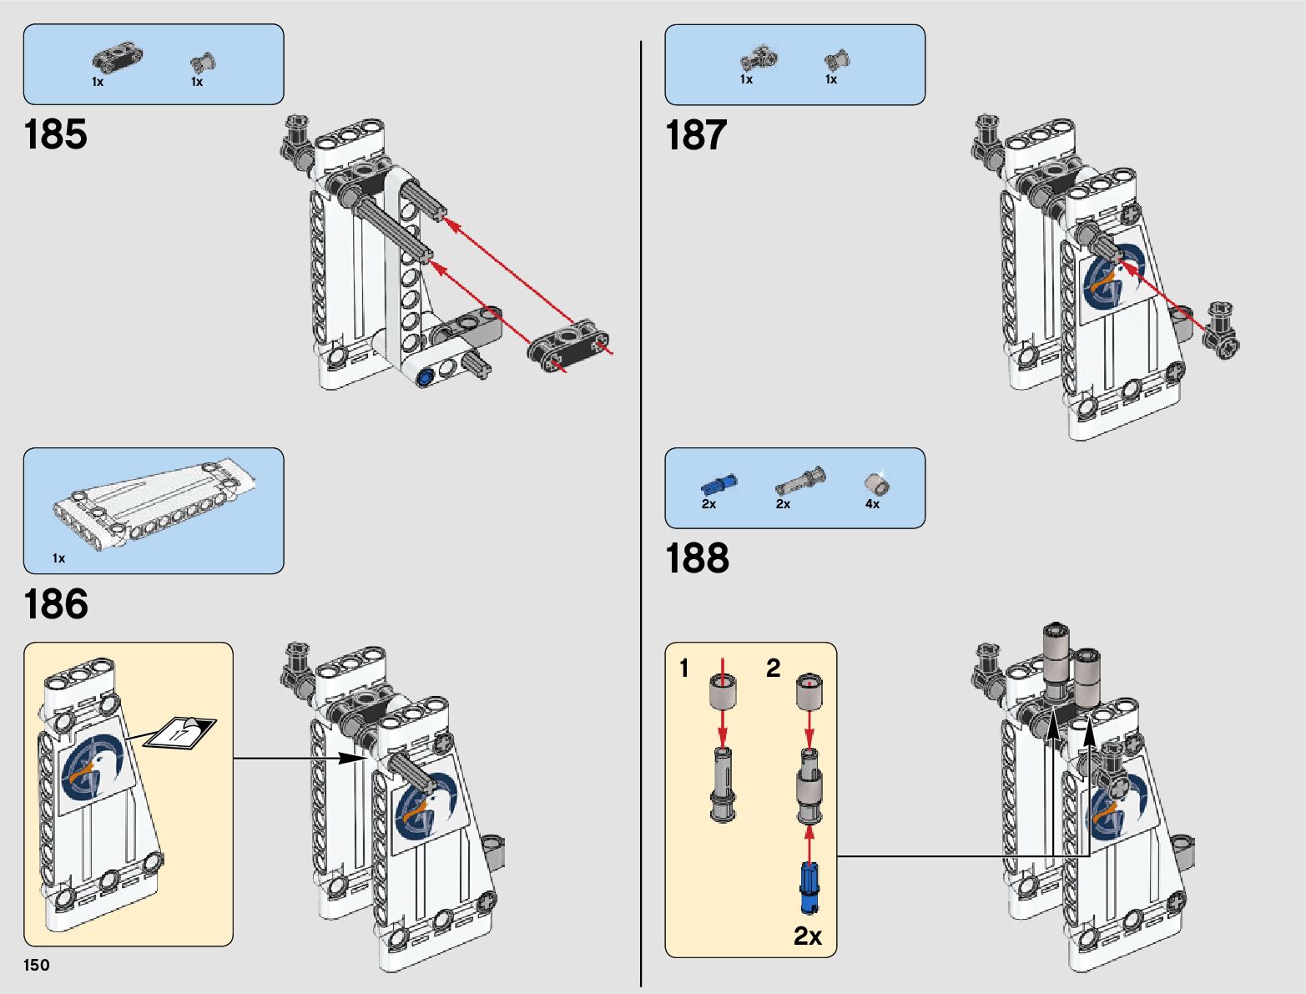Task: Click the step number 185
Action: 55,134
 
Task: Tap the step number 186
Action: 55,604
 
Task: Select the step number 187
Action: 696,135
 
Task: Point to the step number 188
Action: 697,558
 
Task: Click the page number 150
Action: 37,965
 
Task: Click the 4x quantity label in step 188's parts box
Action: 872,504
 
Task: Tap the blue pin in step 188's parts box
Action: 718,484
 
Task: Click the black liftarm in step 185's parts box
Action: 117,58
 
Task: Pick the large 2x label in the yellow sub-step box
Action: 807,936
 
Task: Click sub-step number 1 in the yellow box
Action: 684,668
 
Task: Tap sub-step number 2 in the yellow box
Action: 774,668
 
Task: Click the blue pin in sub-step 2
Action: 809,887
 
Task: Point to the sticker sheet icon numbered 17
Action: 179,732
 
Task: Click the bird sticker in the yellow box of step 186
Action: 92,768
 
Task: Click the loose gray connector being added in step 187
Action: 1222,330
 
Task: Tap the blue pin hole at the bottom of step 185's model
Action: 426,376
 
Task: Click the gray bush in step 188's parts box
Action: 875,483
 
